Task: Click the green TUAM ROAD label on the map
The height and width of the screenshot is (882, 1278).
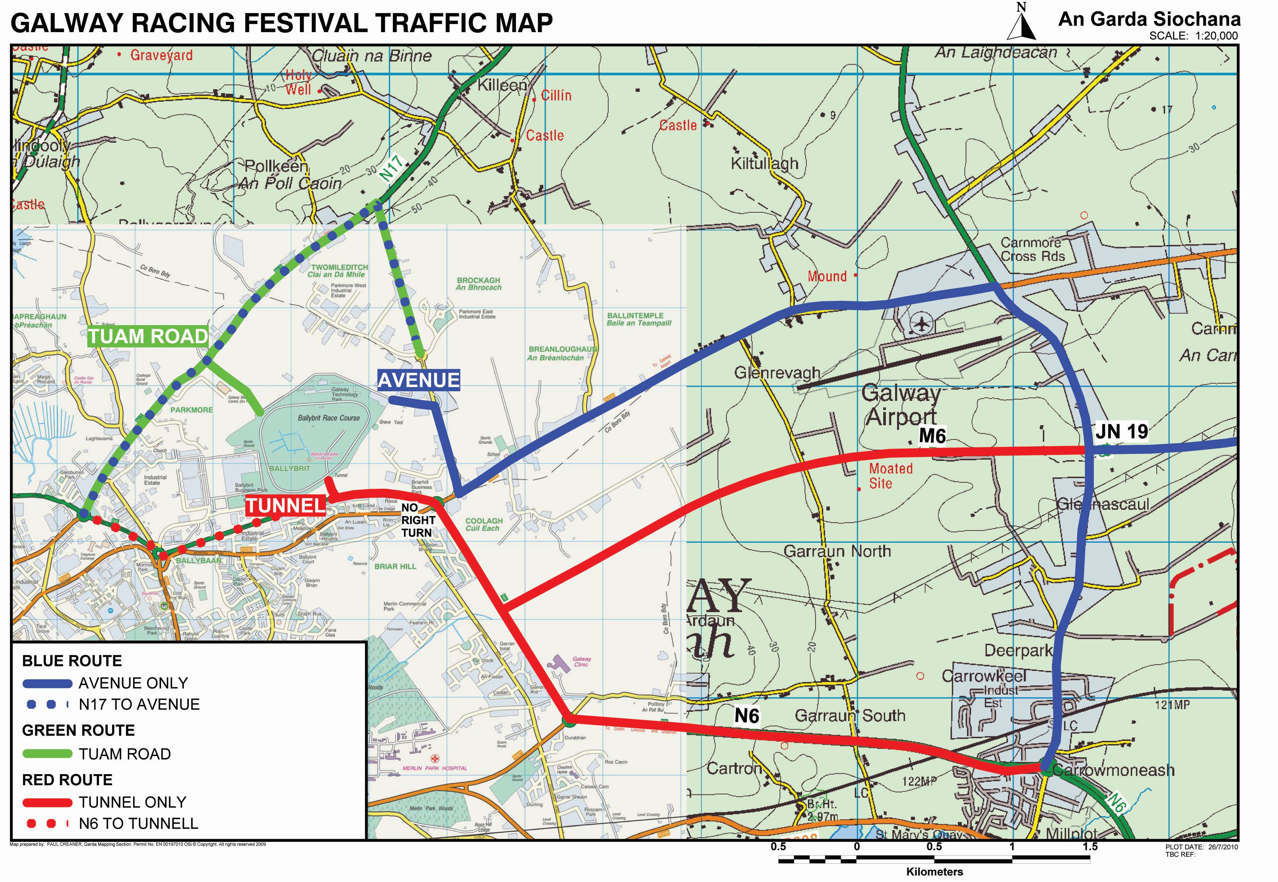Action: (x=148, y=337)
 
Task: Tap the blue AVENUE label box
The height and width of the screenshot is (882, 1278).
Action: (x=418, y=380)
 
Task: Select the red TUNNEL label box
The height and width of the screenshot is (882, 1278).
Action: (x=285, y=506)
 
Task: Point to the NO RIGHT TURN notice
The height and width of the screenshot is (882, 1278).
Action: (x=418, y=520)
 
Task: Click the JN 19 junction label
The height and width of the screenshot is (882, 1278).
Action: (x=1121, y=431)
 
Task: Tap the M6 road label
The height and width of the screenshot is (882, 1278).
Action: (x=932, y=436)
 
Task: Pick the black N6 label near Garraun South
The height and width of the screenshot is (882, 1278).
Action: (x=746, y=716)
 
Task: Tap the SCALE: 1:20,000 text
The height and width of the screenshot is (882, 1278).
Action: (x=1193, y=36)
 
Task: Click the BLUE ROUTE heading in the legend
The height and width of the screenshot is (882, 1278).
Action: (x=72, y=661)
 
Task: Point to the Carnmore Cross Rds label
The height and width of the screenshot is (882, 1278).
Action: (x=1032, y=249)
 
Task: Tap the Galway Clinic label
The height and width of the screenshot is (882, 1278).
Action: (x=581, y=662)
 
